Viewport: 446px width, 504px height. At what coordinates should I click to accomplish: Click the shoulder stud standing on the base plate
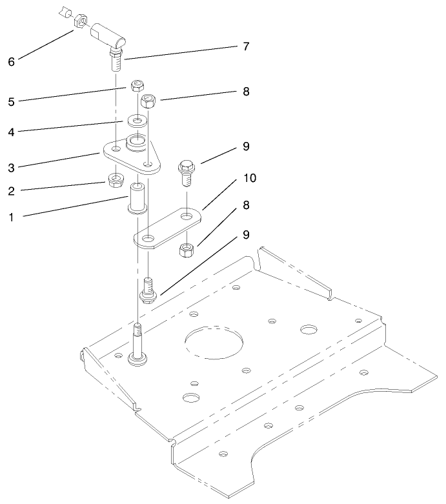point(137,342)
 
